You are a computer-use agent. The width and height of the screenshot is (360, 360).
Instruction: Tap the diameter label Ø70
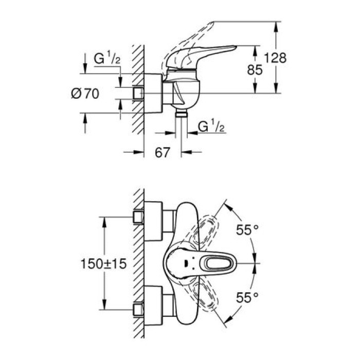[85, 94]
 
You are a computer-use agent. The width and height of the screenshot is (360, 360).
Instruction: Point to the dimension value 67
[163, 152]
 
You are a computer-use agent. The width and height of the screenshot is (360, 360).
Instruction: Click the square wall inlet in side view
[138, 94]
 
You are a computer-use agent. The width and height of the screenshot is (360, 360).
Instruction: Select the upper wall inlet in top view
[138, 217]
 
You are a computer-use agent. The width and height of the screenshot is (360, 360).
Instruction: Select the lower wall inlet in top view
[138, 310]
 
